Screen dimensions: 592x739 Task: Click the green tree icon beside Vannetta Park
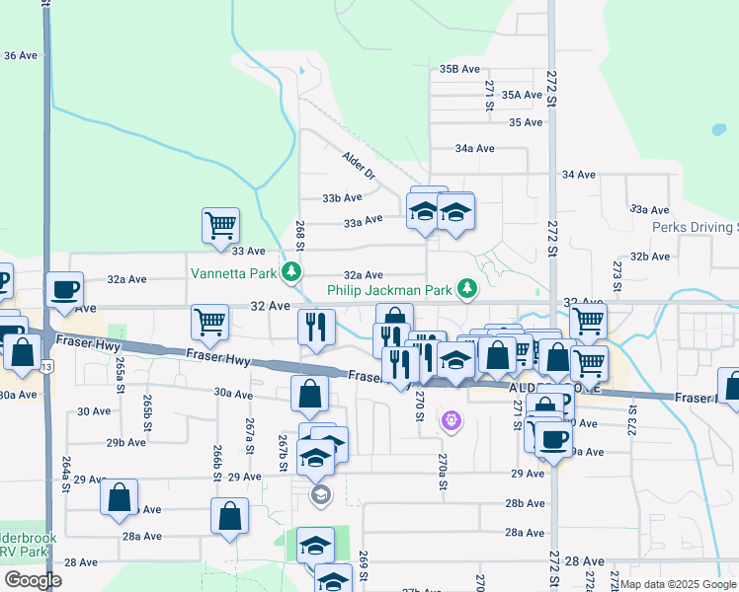pyautogui.click(x=290, y=270)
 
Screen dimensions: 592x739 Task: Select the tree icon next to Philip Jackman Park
pyautogui.click(x=467, y=290)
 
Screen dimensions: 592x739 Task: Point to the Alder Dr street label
pyautogui.click(x=360, y=165)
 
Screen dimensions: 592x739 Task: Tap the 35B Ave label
pyautogui.click(x=459, y=69)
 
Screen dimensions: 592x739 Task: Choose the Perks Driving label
pyautogui.click(x=695, y=227)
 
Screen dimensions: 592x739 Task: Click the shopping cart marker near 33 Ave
pyautogui.click(x=220, y=224)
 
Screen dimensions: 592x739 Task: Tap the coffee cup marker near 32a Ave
pyautogui.click(x=65, y=289)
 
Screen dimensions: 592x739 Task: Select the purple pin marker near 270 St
pyautogui.click(x=452, y=421)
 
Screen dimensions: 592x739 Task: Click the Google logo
pyautogui.click(x=33, y=579)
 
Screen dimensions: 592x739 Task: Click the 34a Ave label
pyautogui.click(x=474, y=148)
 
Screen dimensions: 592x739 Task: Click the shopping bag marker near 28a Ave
pyautogui.click(x=229, y=515)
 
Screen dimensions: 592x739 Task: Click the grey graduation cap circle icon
pyautogui.click(x=320, y=494)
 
